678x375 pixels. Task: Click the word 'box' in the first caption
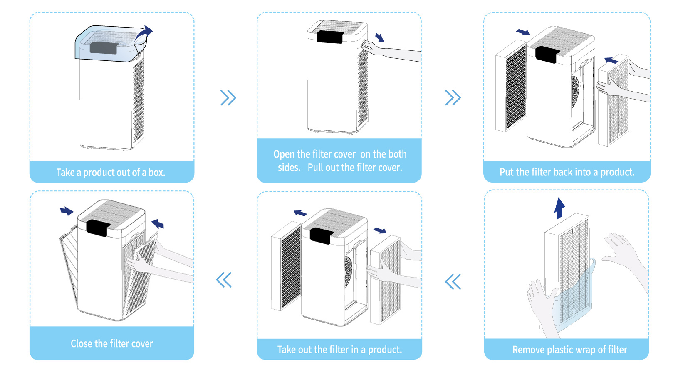pos(156,172)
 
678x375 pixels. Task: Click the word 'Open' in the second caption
pos(284,154)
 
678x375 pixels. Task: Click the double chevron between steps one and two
pos(228,98)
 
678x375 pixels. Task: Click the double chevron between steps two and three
pos(453,98)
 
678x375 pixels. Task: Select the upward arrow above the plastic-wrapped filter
pos(559,207)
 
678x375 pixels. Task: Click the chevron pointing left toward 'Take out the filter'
pos(453,282)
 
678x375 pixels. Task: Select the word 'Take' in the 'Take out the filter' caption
pos(286,350)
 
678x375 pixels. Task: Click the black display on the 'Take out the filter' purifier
pos(320,235)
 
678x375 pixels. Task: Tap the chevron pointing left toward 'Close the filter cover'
pos(224,280)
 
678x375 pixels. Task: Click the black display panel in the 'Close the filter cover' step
pos(98,227)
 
